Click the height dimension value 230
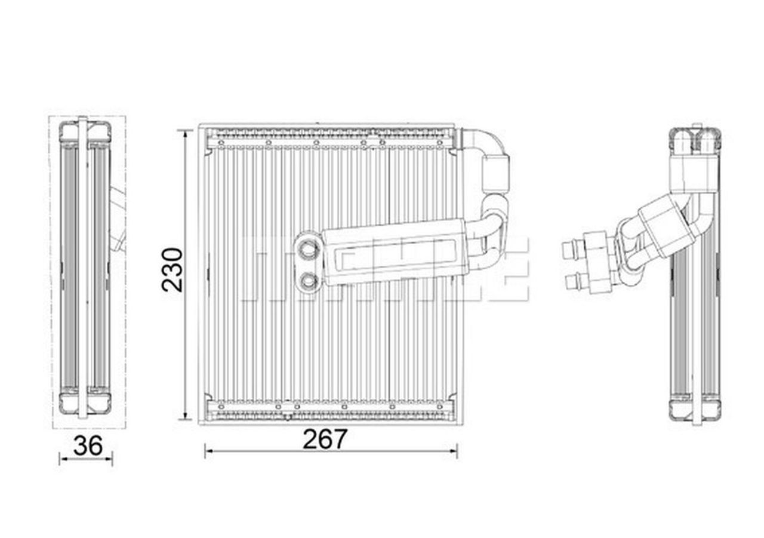pos(172,269)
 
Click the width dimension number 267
pos(325,440)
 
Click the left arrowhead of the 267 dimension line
pos(208,451)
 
